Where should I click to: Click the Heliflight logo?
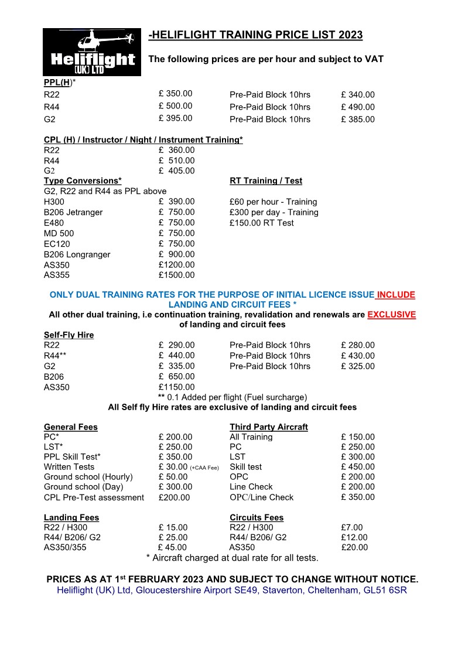tap(92, 52)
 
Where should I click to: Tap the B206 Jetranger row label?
tap(73, 212)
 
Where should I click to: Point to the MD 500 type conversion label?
tap(59, 233)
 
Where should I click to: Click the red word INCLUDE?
tap(396, 295)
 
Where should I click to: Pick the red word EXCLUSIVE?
tap(392, 315)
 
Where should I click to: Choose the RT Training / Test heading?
tap(266, 181)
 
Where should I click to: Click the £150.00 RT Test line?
tap(262, 223)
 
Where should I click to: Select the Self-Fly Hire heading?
tap(69, 335)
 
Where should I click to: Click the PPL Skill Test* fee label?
tap(72, 457)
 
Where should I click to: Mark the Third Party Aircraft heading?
tap(268, 427)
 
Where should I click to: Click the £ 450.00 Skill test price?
tap(357, 467)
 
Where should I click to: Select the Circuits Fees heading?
tap(257, 518)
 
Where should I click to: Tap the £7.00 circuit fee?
tap(352, 528)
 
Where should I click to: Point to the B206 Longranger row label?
tap(77, 254)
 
